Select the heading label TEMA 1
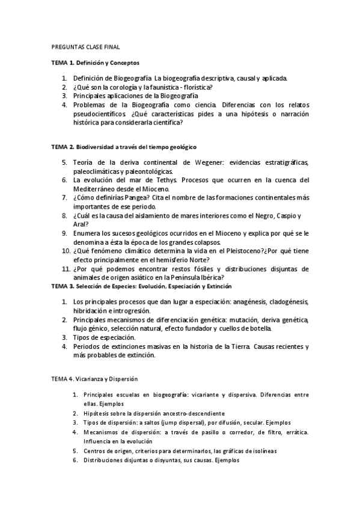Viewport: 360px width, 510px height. point(61,62)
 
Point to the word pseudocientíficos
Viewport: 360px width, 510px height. point(99,113)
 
